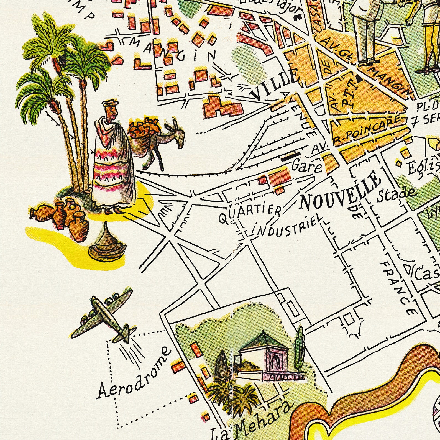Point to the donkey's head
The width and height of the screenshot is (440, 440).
(x=178, y=134)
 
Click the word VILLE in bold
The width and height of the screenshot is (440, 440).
(x=274, y=85)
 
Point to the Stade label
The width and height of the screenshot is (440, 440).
(x=396, y=195)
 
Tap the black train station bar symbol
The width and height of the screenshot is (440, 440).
(x=291, y=156)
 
